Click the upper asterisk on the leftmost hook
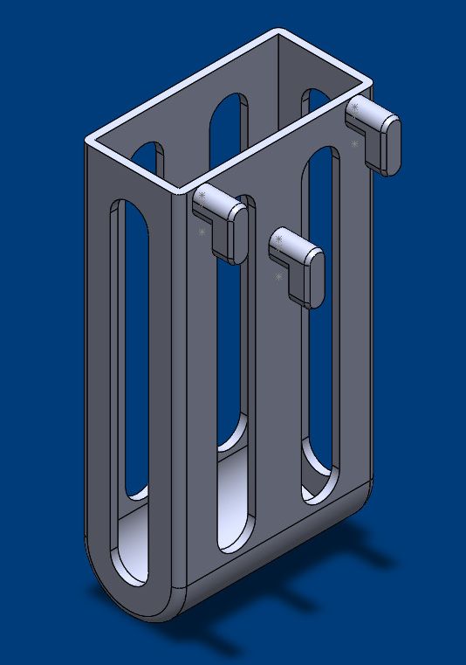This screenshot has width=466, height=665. tap(202, 196)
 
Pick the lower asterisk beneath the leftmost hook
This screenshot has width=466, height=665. tap(202, 232)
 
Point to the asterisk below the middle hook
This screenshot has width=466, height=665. tap(278, 277)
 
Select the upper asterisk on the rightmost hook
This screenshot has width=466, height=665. tap(355, 107)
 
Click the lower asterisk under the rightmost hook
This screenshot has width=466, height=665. tap(354, 143)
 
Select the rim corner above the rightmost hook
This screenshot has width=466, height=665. tap(370, 85)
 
